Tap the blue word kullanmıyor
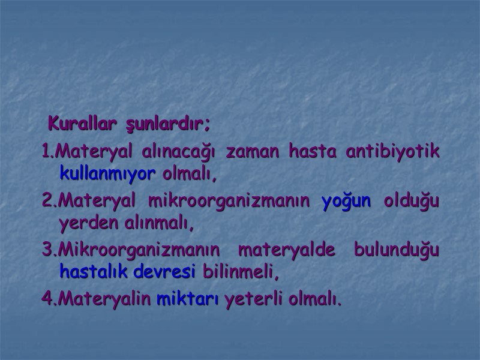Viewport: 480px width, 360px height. click(108, 175)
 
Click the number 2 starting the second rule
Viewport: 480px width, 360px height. click(47, 200)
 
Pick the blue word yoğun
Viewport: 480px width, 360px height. click(346, 200)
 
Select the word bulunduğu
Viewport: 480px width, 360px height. click(396, 250)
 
